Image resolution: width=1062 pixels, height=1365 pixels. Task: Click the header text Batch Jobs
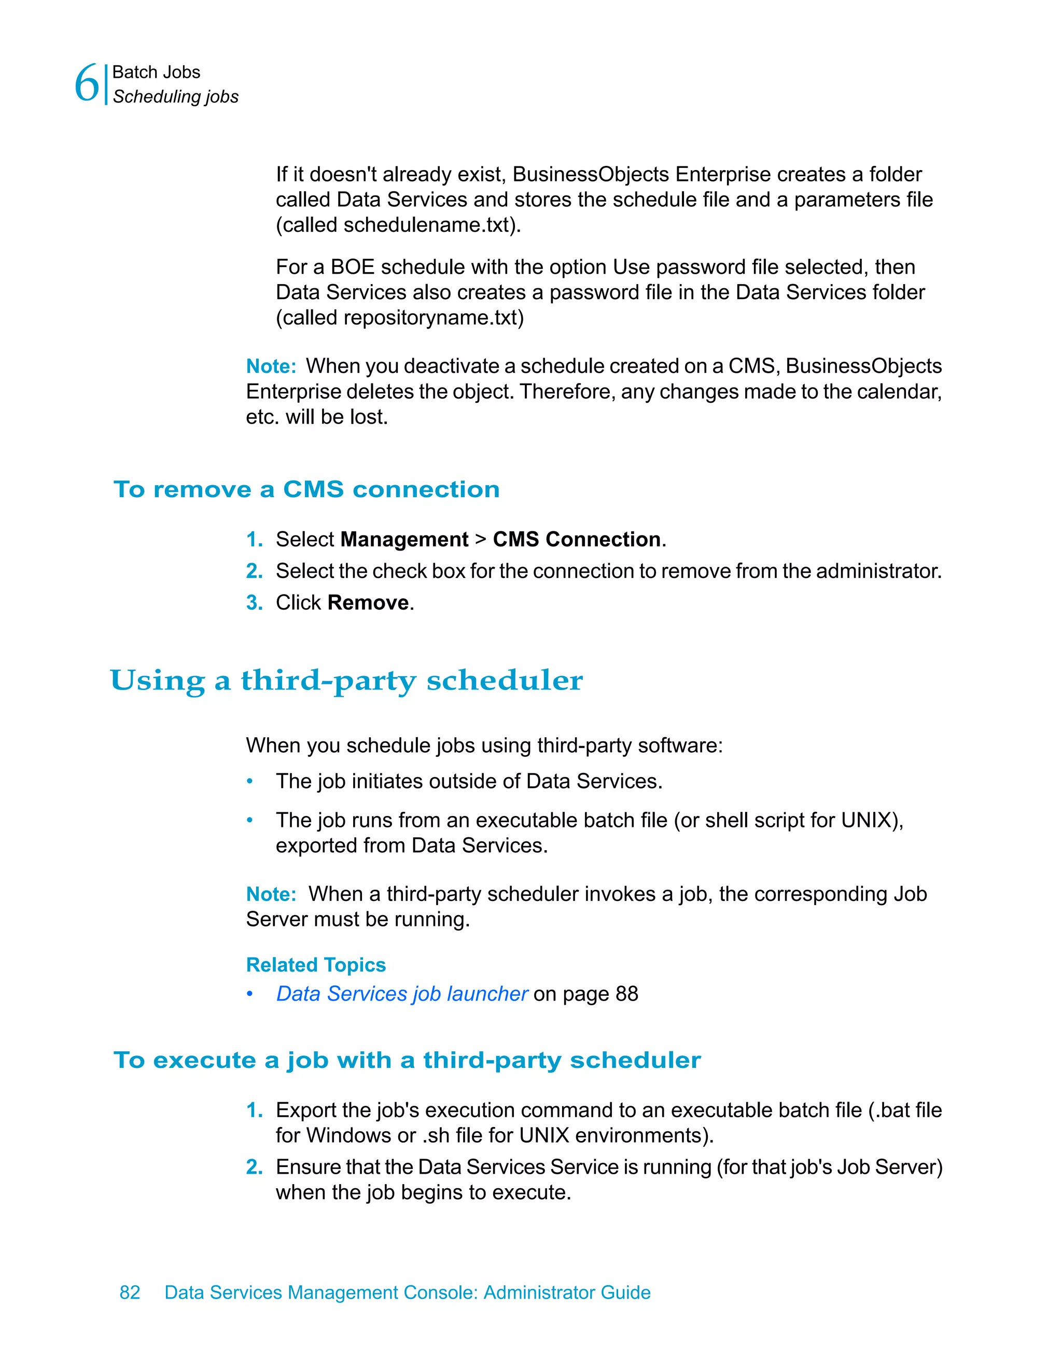tap(156, 73)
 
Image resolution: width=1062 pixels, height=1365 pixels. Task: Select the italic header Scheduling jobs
tap(176, 97)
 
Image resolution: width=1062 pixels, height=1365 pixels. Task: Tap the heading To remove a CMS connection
tap(306, 489)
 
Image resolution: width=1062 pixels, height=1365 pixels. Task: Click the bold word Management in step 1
tap(404, 539)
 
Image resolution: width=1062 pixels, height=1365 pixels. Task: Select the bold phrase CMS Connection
tap(576, 539)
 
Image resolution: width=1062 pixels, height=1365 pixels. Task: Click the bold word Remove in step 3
tap(368, 602)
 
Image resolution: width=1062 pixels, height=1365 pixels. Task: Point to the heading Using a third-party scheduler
tap(346, 681)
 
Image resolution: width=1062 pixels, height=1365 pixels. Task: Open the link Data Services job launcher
tap(402, 994)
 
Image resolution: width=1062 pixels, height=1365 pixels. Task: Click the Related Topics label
tap(316, 964)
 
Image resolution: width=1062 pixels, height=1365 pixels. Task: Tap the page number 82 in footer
tap(130, 1292)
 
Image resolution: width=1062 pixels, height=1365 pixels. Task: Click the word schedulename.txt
tap(426, 225)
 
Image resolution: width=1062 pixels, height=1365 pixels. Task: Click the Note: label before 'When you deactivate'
tap(271, 366)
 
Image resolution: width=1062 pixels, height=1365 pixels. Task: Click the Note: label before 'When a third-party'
tap(271, 894)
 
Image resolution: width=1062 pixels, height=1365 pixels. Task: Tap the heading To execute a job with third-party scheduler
tap(407, 1060)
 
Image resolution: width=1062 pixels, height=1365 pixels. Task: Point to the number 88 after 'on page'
tap(626, 994)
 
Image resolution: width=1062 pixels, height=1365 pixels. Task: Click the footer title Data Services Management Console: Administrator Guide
tap(407, 1292)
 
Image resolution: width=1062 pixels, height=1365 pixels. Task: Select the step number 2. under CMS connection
tap(254, 571)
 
